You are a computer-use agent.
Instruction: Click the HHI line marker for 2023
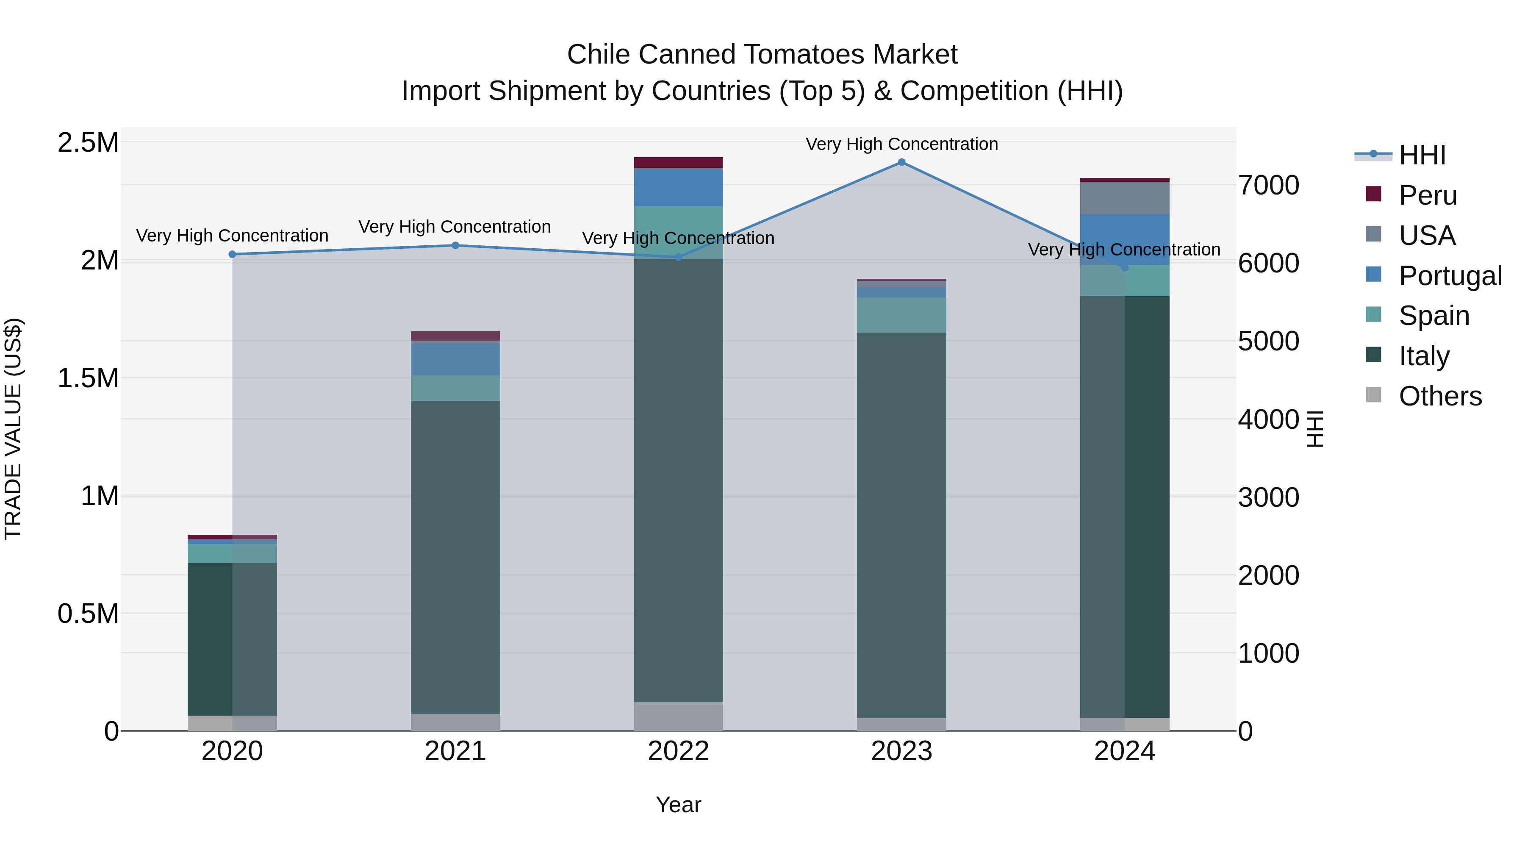[901, 162]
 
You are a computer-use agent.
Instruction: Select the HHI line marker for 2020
[232, 255]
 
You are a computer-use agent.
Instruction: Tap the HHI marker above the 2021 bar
[455, 245]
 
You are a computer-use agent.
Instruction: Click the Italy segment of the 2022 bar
[679, 480]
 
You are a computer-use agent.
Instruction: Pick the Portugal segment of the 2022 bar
[679, 187]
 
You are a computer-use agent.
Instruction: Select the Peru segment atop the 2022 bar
[679, 162]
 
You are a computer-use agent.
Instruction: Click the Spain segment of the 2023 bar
[901, 315]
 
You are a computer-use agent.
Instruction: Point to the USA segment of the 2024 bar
[1125, 198]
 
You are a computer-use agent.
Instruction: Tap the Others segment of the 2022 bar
[679, 716]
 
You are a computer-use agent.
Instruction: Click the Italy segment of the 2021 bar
[455, 557]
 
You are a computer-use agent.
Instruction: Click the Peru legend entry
[1427, 195]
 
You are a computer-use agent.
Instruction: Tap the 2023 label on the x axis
[901, 751]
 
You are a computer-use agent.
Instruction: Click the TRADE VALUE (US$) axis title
[13, 429]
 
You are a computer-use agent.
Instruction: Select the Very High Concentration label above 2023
[901, 144]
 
